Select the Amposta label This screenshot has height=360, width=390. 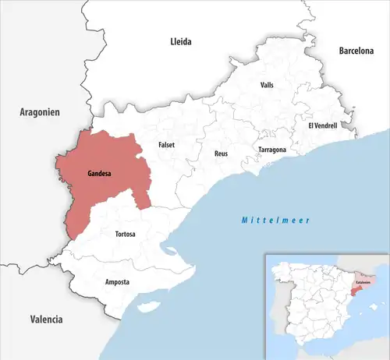tap(117, 281)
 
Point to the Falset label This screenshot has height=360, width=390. tap(167, 144)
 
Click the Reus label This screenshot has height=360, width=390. tap(222, 154)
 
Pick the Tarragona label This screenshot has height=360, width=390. tap(272, 149)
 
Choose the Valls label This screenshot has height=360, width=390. tap(267, 86)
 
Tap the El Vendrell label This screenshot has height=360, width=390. tap(322, 125)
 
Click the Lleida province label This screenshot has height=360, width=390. tap(181, 41)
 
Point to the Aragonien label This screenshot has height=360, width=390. tap(39, 113)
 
